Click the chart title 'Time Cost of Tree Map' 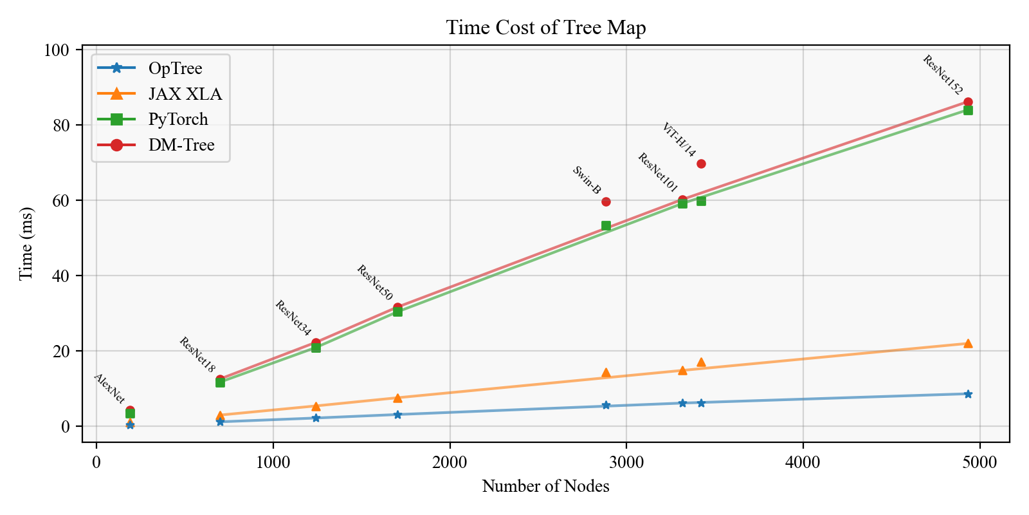(545, 28)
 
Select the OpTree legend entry (175, 68)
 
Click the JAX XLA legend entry (185, 94)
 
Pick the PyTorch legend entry (178, 119)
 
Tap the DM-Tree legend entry (181, 145)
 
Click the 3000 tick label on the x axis (626, 462)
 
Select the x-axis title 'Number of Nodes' (545, 486)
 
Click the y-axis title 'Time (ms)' (26, 243)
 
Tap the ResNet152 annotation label (942, 75)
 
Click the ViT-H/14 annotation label (678, 140)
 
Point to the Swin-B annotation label (587, 180)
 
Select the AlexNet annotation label (109, 388)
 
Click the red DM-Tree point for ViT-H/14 (701, 164)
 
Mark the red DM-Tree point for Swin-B (606, 201)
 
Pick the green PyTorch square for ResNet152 (968, 110)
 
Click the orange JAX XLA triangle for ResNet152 (968, 343)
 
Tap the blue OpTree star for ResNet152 (968, 394)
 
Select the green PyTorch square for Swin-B (606, 226)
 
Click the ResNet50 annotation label (374, 283)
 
